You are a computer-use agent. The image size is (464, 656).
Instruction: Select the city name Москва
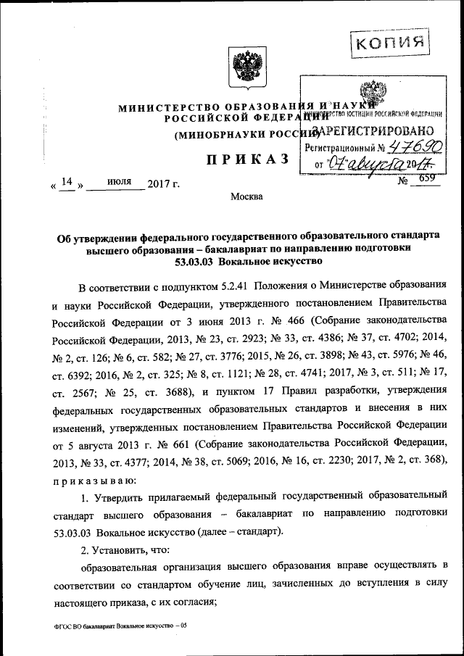click(x=246, y=196)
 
